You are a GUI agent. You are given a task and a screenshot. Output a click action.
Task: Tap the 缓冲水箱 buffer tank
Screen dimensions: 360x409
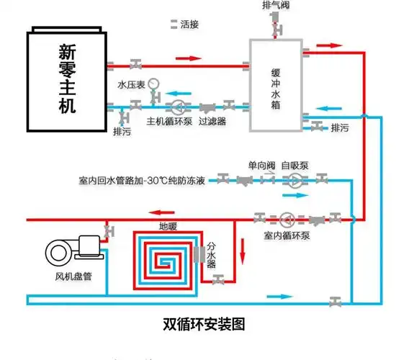click(276, 85)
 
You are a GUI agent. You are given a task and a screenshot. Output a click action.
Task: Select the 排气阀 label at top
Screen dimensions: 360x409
click(277, 6)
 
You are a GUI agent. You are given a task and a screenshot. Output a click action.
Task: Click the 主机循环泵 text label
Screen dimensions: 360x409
click(170, 122)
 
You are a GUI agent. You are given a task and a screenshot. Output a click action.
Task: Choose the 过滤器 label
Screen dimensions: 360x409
click(212, 122)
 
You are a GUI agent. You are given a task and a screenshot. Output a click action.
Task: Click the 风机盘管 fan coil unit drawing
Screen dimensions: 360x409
click(73, 251)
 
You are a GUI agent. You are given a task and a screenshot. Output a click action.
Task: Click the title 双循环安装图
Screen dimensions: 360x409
click(204, 325)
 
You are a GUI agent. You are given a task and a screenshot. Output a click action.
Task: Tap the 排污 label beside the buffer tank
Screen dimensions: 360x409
click(339, 128)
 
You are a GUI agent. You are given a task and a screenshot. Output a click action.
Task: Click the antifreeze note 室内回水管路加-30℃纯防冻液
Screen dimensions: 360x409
click(143, 179)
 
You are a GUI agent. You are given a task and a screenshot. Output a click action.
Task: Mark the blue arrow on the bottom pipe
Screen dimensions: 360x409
click(281, 296)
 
